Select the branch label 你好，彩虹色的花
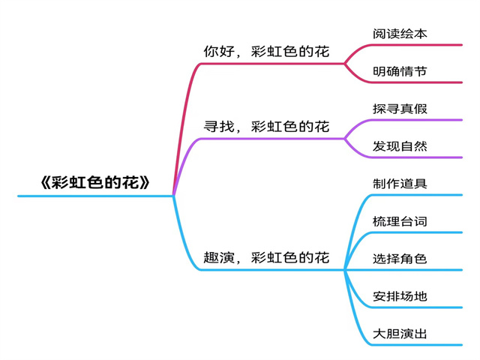click(266, 52)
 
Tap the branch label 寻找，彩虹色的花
click(266, 126)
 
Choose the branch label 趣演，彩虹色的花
click(266, 258)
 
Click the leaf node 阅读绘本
click(400, 34)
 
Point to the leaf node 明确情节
click(400, 71)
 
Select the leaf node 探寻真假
click(400, 109)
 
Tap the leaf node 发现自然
click(400, 146)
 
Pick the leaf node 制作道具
click(400, 184)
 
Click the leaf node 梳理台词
click(400, 221)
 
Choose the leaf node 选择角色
click(400, 259)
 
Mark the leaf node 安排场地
click(400, 296)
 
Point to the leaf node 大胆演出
click(400, 334)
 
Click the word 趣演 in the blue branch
click(218, 258)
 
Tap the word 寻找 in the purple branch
click(218, 126)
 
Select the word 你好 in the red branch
click(218, 52)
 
